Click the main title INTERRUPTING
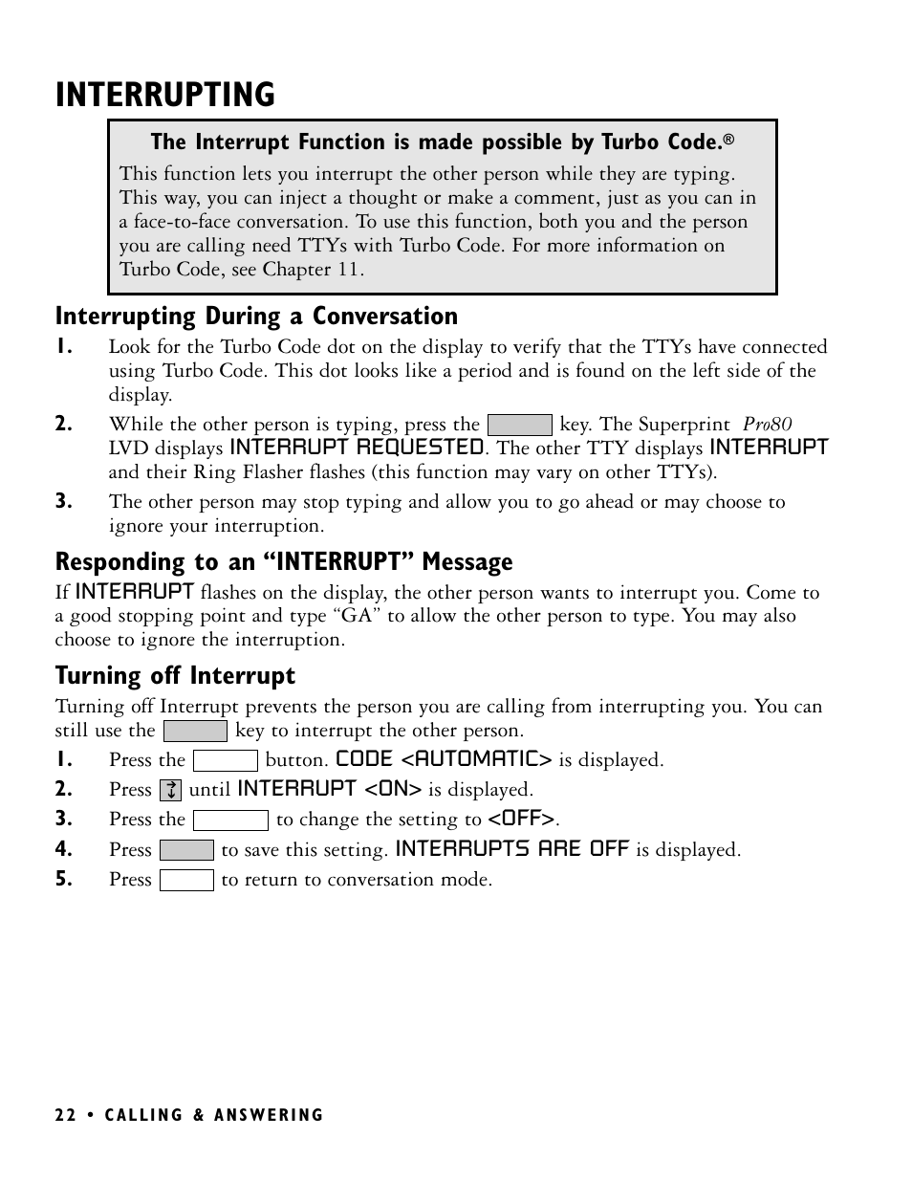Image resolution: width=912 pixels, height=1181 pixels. point(165,96)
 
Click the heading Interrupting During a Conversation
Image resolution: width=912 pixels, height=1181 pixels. point(256,317)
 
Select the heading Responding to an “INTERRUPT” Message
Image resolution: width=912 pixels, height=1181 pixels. point(284,561)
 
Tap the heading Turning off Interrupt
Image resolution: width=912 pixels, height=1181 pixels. point(175,676)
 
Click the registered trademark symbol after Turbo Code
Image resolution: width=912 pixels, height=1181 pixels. point(728,142)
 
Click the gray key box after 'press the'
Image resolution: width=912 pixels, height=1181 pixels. point(519,426)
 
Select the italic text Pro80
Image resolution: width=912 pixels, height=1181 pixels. point(768,425)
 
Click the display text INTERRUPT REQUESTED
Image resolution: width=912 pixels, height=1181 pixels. point(357,448)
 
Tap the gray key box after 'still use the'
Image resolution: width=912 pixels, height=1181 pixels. point(195,732)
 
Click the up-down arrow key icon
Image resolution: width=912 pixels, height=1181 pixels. point(170,791)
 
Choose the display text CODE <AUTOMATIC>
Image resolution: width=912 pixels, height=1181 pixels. point(444,760)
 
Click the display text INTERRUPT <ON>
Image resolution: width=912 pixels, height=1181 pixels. point(329,790)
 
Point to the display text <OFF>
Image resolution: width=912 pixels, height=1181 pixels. point(522,820)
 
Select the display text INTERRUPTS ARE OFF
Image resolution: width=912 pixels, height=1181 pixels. point(512,849)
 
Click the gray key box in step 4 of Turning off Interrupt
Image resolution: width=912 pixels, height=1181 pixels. point(186,850)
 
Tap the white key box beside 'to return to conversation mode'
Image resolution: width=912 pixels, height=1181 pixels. point(186,880)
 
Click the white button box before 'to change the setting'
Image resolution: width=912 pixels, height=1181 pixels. point(230,820)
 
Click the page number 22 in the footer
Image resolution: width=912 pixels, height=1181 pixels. point(64,1115)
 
